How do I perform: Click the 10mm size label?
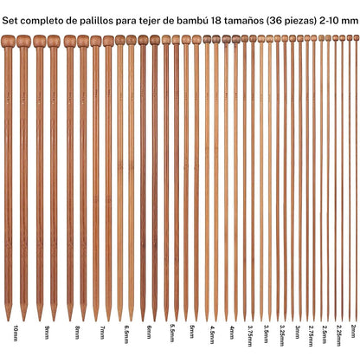16,333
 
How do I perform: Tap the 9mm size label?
47,332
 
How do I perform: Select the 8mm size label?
77,332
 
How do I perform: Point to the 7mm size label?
102,332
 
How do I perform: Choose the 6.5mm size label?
126,334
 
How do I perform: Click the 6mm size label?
149,332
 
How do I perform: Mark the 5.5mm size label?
172,334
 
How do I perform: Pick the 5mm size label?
192,332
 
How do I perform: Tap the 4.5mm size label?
212,334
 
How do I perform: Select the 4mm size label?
232,332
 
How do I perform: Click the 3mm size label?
297,332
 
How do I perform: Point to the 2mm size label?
353,331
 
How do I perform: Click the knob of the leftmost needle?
8,41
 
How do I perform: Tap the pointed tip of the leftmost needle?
9,320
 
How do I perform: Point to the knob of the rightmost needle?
357,37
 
